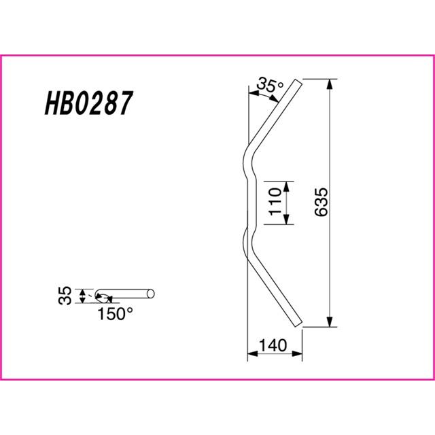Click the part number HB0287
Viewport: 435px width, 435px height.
pyautogui.click(x=89, y=103)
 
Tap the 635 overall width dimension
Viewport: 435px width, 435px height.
pyautogui.click(x=321, y=202)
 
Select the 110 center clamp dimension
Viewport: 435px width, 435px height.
pyautogui.click(x=275, y=201)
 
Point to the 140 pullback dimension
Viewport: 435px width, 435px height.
pyautogui.click(x=273, y=345)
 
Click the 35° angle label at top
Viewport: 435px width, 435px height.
pyautogui.click(x=270, y=84)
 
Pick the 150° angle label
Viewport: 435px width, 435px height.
pyautogui.click(x=115, y=314)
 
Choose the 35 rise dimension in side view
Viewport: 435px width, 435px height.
pyautogui.click(x=65, y=296)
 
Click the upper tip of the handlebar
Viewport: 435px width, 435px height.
pyautogui.click(x=298, y=82)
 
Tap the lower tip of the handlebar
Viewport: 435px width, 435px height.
pyautogui.click(x=298, y=324)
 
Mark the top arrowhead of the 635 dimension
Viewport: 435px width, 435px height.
pyautogui.click(x=329, y=84)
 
